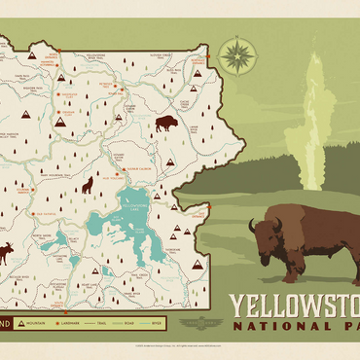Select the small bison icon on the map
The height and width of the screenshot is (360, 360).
tap(167, 125)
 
